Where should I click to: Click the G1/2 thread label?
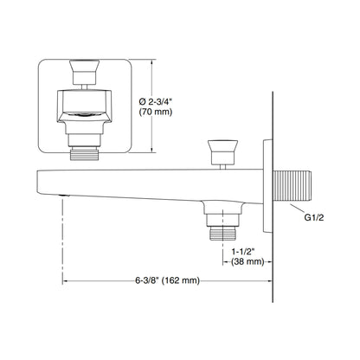coord(314,217)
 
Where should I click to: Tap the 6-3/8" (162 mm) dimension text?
coord(168,280)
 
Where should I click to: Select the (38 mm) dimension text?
coord(247,261)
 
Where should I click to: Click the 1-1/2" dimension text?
coord(243,252)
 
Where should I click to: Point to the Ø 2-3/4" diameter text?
coord(156,102)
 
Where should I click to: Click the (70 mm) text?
coord(156,112)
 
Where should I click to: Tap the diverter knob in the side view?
coord(222,152)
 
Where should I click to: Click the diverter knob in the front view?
coord(84,72)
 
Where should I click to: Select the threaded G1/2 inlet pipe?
coord(292,186)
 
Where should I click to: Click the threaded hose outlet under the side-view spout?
coord(222,233)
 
